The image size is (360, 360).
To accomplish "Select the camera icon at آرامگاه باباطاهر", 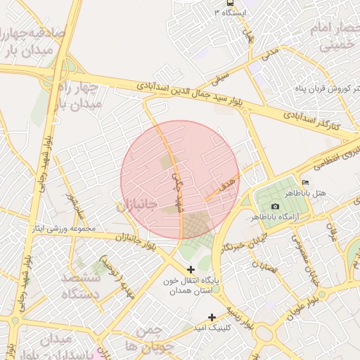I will point(274,206).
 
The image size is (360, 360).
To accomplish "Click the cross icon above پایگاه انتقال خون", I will point(192,269).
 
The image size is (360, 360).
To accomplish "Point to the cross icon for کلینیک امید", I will point(212,317).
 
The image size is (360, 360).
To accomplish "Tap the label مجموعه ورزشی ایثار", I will point(59,229).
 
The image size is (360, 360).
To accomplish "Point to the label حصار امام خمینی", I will point(332,37).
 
